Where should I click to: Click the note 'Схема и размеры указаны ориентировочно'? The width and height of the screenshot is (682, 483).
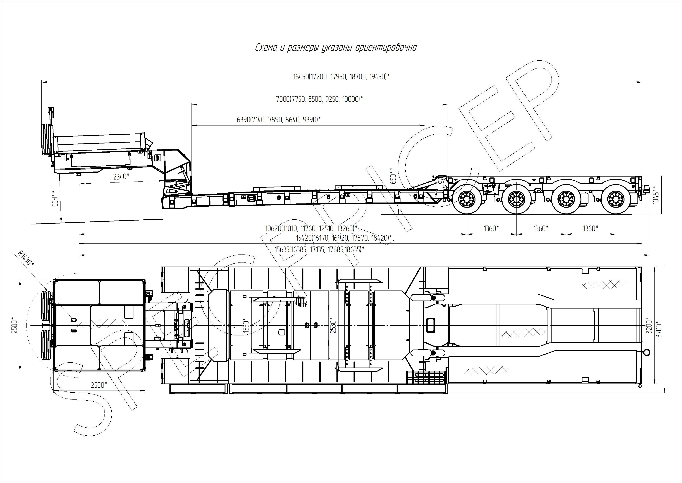click(x=336, y=48)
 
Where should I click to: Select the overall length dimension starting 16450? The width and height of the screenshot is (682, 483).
click(x=341, y=77)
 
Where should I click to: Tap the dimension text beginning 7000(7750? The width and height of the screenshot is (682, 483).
click(x=319, y=99)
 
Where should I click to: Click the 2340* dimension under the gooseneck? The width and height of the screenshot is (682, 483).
click(x=121, y=177)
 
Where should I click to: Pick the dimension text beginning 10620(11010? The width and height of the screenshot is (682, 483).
click(x=311, y=229)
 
